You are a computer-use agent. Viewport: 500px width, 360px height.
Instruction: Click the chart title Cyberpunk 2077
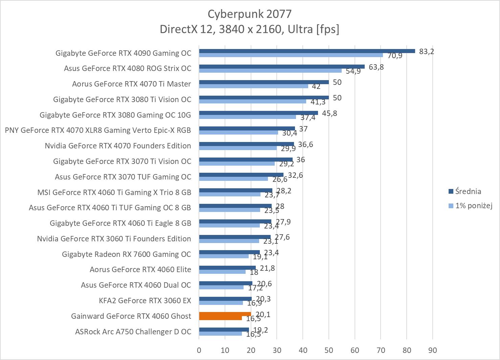pyautogui.click(x=249, y=14)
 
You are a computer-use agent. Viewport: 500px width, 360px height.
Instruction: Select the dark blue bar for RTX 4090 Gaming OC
pyautogui.click(x=306, y=51)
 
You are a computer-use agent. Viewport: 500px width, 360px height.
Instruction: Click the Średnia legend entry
pyautogui.click(x=468, y=191)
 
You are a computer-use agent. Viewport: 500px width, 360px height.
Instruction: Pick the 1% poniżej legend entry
pyautogui.click(x=473, y=206)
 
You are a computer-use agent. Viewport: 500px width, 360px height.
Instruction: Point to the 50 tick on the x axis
pyautogui.click(x=329, y=350)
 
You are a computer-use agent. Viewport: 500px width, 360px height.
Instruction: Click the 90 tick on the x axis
pyautogui.click(x=433, y=350)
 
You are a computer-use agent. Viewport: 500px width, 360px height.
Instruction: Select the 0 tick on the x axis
pyautogui.click(x=199, y=350)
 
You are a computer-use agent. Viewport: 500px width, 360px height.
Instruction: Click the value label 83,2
pyautogui.click(x=426, y=51)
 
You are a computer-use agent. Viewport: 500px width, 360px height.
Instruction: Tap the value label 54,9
pyautogui.click(x=353, y=71)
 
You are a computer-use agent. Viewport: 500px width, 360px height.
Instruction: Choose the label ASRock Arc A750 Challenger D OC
pyautogui.click(x=133, y=332)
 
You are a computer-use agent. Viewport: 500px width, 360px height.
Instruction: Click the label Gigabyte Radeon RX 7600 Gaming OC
pyautogui.click(x=127, y=254)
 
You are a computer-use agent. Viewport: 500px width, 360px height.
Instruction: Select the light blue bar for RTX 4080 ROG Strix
pyautogui.click(x=270, y=71)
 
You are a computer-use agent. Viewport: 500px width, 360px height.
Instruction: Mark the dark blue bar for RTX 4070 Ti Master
pyautogui.click(x=264, y=82)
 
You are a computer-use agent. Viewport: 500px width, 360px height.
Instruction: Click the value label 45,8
pyautogui.click(x=329, y=113)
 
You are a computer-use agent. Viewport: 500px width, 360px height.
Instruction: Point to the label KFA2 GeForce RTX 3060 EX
pyautogui.click(x=145, y=301)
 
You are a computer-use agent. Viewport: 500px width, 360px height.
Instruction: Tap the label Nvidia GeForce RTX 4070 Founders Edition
pyautogui.click(x=118, y=146)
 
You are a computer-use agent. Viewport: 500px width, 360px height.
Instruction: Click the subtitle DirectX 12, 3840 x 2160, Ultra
pyautogui.click(x=249, y=29)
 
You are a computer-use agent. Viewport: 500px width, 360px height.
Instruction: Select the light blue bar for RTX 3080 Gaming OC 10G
pyautogui.click(x=247, y=117)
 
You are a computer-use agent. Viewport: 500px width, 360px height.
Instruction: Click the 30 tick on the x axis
pyautogui.click(x=277, y=350)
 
